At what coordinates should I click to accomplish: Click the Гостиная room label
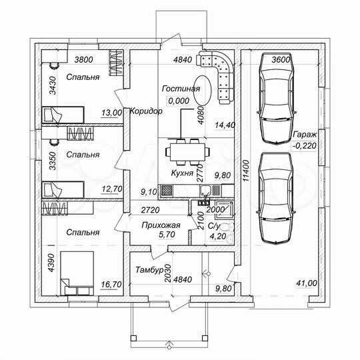[181, 89]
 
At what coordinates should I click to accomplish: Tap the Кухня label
[182, 173]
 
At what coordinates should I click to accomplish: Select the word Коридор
[146, 111]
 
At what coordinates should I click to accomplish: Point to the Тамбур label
[149, 269]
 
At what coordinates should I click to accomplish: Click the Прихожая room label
[161, 225]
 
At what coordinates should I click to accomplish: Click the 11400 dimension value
[246, 171]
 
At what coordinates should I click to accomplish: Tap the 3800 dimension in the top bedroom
[84, 60]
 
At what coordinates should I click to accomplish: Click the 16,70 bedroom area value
[111, 285]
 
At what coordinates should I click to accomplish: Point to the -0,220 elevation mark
[304, 145]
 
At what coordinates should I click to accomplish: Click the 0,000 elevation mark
[179, 101]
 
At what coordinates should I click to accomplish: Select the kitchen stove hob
[167, 191]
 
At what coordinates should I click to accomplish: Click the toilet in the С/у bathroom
[225, 227]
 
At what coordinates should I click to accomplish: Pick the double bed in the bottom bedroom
[77, 273]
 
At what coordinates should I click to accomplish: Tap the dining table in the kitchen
[187, 152]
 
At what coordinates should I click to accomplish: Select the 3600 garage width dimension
[281, 60]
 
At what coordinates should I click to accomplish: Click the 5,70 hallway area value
[167, 235]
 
